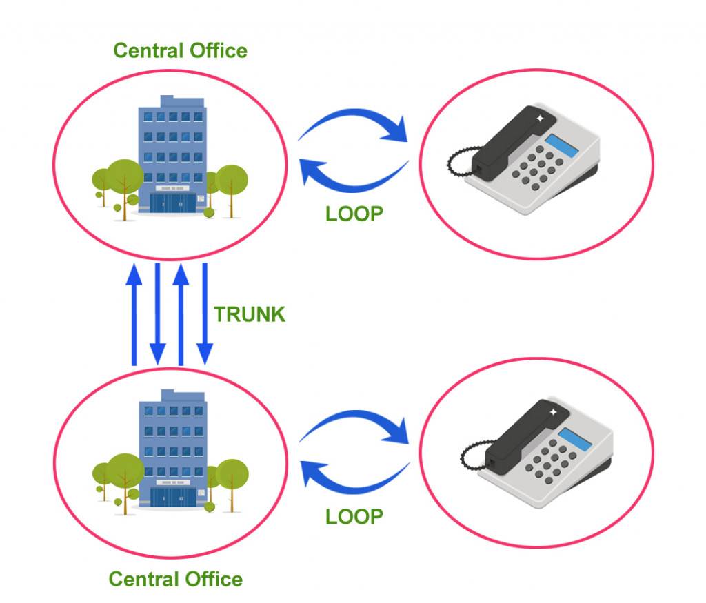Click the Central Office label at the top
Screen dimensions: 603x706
point(180,50)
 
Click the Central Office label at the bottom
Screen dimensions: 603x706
point(175,579)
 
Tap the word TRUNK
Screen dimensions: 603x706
point(249,314)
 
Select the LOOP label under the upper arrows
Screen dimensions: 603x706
point(354,214)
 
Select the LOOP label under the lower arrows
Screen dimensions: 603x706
point(354,516)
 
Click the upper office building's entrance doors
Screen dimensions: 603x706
point(172,205)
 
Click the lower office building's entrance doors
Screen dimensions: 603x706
point(172,497)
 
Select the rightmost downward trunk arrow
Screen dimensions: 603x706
point(204,314)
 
